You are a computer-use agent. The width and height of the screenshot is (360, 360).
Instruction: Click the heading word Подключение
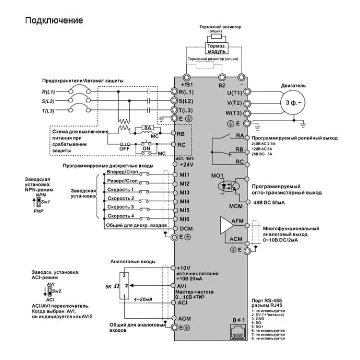point(54,21)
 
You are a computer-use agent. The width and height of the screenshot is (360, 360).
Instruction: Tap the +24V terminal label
point(186,165)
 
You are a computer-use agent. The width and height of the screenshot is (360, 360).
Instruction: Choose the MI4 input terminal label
point(185,202)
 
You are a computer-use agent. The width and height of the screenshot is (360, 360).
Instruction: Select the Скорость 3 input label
point(120,207)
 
